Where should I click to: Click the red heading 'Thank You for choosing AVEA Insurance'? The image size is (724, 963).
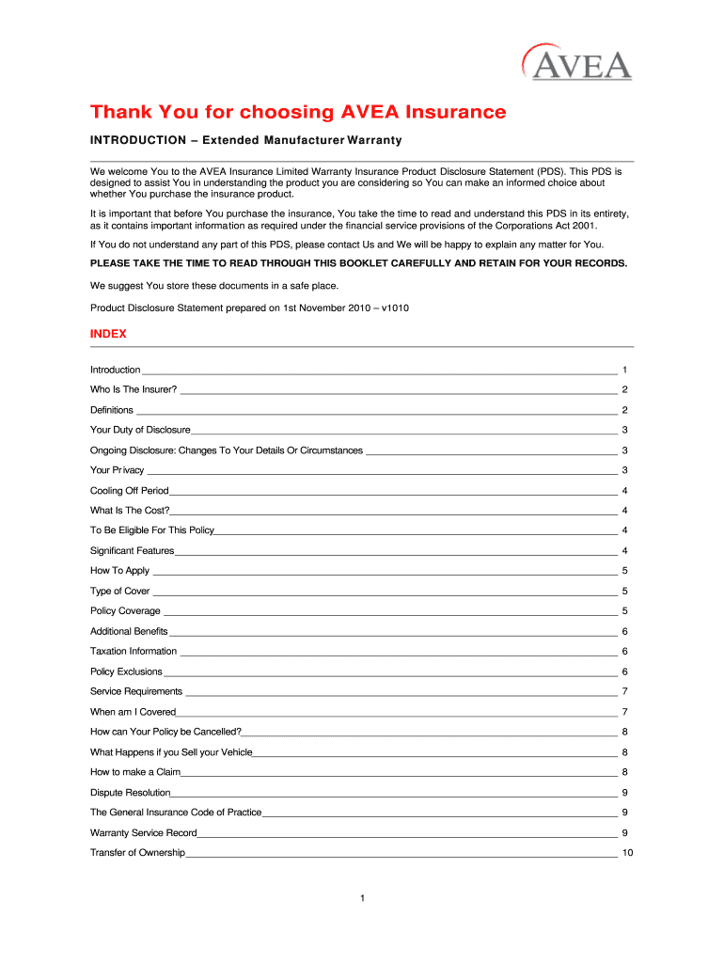click(298, 113)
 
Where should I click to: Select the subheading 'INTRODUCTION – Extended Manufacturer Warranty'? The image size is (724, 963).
click(245, 141)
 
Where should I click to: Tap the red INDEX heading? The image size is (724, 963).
click(108, 334)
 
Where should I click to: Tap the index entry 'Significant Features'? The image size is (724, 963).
click(132, 551)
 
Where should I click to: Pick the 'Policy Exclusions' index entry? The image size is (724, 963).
click(126, 671)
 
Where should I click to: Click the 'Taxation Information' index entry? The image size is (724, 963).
click(133, 652)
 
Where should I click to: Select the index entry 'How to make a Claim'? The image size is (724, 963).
click(134, 772)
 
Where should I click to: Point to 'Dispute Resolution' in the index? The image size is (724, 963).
click(130, 793)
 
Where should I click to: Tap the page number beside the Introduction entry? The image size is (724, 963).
click(624, 371)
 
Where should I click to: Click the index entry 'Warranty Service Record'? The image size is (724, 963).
click(143, 833)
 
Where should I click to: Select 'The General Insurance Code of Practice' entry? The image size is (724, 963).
click(176, 813)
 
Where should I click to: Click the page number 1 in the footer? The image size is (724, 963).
click(361, 899)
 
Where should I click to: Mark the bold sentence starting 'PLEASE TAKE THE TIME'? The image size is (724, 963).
click(358, 263)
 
